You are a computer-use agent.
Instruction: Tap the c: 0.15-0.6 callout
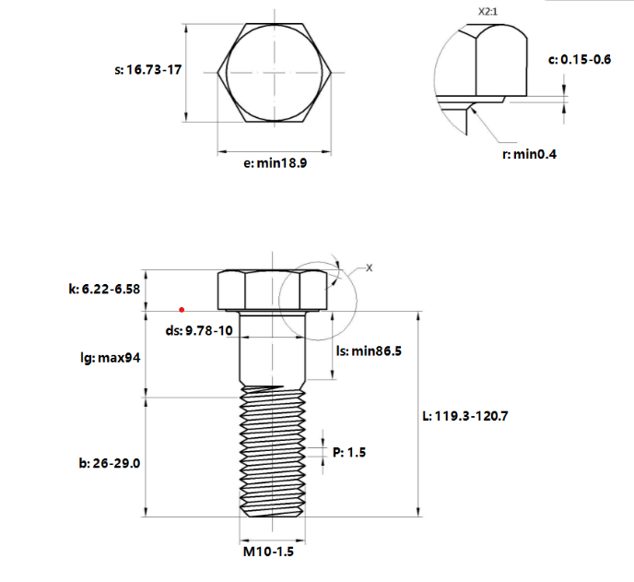tap(580, 59)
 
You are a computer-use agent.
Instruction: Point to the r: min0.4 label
tap(529, 154)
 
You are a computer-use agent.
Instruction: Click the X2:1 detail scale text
tap(491, 12)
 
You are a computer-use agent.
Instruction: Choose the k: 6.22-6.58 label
tap(104, 289)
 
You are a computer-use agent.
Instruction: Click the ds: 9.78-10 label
tap(198, 330)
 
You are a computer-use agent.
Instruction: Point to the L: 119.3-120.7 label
tap(464, 416)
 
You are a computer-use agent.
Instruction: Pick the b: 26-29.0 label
tap(110, 463)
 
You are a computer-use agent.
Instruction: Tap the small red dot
tap(182, 309)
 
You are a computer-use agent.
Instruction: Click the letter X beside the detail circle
tap(370, 267)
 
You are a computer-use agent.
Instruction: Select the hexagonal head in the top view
tap(274, 71)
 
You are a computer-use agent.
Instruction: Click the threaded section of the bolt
tap(272, 452)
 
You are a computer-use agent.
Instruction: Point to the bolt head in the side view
tap(272, 290)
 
